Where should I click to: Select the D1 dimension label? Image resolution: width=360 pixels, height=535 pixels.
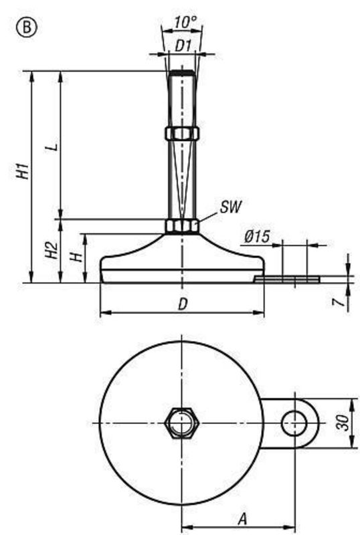pos(183,45)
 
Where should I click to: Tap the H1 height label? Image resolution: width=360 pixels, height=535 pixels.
pos(23,170)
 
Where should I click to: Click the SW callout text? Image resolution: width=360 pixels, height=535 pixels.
pos(230,205)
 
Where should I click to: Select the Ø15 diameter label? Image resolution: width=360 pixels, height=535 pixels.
pos(257,237)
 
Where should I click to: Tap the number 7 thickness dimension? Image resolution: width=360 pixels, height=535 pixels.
pos(340,303)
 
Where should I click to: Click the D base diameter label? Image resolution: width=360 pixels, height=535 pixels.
pos(182,304)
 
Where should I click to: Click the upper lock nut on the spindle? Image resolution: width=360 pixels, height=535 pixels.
pos(182,133)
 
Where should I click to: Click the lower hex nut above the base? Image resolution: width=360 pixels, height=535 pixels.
pos(182,226)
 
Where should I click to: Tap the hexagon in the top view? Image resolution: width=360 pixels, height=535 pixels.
pos(182,423)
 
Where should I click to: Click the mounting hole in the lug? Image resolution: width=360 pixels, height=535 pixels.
pos(293,423)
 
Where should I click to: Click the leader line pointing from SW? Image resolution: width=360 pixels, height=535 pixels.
pos(209,215)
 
